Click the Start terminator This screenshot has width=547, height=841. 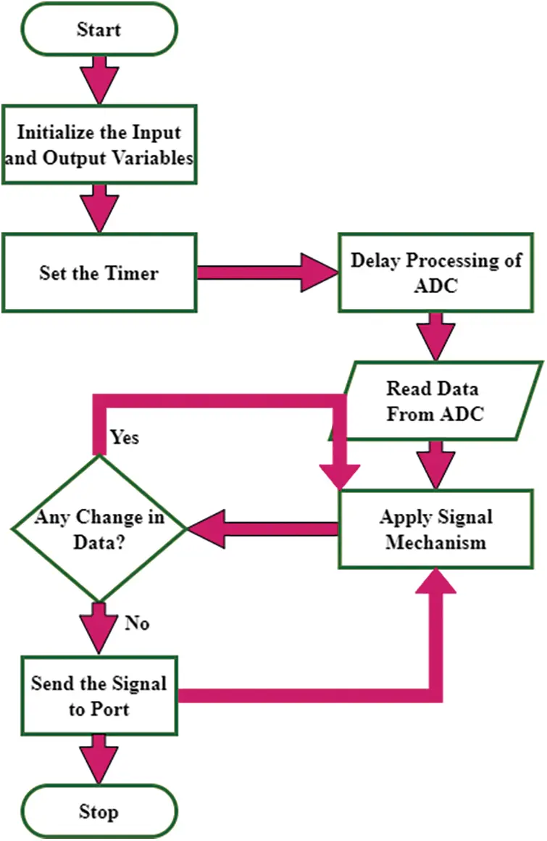click(x=99, y=30)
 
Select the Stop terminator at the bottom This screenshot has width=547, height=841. click(x=99, y=811)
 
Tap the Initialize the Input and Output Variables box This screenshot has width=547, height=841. click(x=99, y=145)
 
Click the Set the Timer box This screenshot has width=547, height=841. click(x=99, y=273)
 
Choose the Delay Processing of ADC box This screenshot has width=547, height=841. click(x=436, y=273)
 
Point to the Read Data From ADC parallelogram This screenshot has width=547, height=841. click(x=433, y=401)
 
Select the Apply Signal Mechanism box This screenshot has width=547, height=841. click(x=435, y=529)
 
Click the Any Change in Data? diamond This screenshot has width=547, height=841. click(x=99, y=529)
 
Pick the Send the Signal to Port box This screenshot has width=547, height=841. click(x=99, y=696)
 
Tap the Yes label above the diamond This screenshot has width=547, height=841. click(x=125, y=438)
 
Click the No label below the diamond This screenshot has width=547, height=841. click(x=138, y=622)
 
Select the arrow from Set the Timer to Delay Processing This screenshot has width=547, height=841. click(x=268, y=273)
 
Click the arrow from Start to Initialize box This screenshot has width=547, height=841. click(x=99, y=80)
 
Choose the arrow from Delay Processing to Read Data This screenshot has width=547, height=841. click(x=435, y=336)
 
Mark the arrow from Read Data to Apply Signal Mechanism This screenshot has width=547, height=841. click(x=435, y=464)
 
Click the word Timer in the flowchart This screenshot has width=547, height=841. click(x=135, y=273)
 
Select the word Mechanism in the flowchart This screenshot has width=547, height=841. click(x=435, y=542)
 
